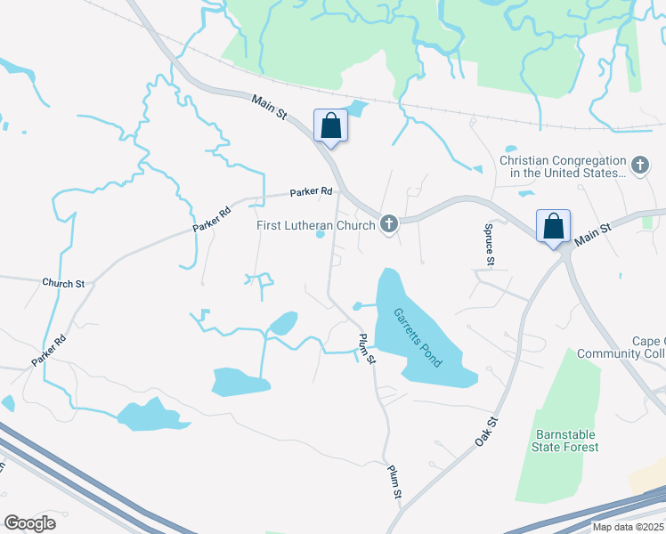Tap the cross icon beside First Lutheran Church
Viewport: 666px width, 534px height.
click(388, 224)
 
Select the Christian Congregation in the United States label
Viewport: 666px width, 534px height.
click(564, 166)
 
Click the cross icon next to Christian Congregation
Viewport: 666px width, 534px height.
click(639, 166)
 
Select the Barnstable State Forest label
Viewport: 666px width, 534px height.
click(566, 441)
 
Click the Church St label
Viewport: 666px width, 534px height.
click(62, 283)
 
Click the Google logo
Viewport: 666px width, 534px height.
click(29, 523)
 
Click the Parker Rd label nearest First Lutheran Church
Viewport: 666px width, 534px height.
click(311, 191)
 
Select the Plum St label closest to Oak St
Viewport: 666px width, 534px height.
click(394, 481)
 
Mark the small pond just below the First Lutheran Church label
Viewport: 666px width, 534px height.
click(320, 236)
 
